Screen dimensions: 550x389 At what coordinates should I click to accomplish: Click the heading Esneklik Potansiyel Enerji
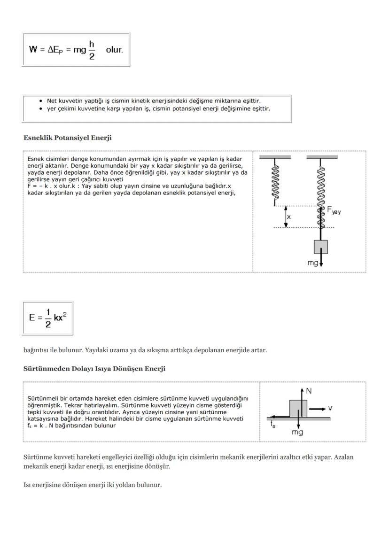[x=68, y=138]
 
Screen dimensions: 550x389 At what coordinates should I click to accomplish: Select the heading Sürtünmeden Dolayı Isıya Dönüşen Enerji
[x=94, y=369]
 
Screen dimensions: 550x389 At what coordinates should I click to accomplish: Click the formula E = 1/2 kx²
[x=47, y=318]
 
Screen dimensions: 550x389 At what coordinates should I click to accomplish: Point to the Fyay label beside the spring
[x=334, y=211]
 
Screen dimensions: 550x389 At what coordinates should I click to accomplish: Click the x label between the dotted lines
[x=289, y=217]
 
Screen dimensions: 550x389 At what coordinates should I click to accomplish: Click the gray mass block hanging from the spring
[x=321, y=247]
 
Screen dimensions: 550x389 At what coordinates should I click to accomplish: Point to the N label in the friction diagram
[x=309, y=391]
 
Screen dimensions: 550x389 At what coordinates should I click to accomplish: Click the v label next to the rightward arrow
[x=330, y=408]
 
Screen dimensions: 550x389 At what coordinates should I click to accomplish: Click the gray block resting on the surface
[x=298, y=408]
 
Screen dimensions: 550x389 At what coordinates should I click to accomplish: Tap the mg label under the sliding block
[x=297, y=432]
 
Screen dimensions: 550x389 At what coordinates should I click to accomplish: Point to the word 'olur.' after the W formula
[x=114, y=50]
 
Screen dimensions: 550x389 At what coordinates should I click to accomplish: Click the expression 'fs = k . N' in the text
[x=42, y=426]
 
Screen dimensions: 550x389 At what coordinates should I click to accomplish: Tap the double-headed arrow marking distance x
[x=285, y=217]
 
